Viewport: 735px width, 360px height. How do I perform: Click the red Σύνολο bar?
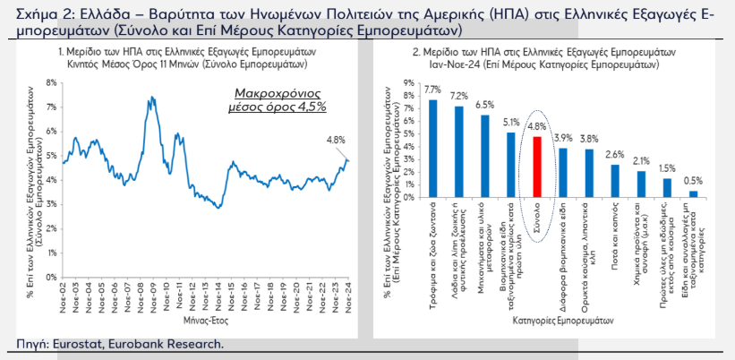click(537, 167)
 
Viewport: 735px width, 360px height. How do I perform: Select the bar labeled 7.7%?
click(433, 148)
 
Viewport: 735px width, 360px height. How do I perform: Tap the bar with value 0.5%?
click(693, 193)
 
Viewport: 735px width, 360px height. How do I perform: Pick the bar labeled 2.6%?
click(615, 180)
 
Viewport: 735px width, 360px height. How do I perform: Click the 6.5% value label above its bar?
click(484, 105)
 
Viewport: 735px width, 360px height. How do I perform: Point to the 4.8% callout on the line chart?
click(335, 140)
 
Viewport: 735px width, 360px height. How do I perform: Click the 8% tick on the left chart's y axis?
click(52, 82)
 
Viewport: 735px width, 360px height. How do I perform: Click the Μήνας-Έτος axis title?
click(205, 320)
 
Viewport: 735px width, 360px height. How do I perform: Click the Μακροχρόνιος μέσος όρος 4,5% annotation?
click(280, 99)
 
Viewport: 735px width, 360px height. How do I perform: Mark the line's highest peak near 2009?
click(153, 97)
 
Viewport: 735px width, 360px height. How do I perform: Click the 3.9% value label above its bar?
click(563, 138)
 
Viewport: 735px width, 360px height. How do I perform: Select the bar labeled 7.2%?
click(459, 151)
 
